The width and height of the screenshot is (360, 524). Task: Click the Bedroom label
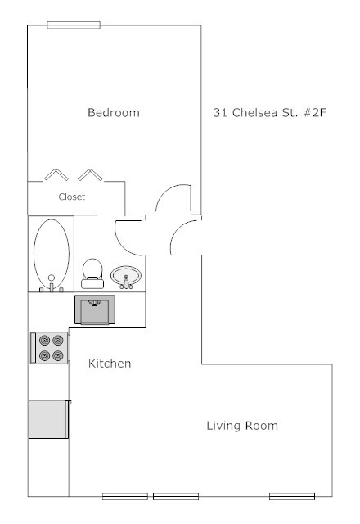[x=113, y=113]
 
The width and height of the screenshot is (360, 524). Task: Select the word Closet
[x=71, y=197]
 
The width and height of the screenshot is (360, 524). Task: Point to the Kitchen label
[x=110, y=363]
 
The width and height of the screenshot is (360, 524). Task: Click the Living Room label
[x=242, y=426]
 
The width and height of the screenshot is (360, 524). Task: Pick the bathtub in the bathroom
[x=51, y=254]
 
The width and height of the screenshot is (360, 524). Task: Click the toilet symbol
[x=92, y=273]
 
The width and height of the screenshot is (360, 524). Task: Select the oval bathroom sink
[x=126, y=275]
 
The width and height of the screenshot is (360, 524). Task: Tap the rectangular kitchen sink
[x=94, y=310]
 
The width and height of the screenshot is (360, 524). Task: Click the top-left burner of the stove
[x=43, y=340]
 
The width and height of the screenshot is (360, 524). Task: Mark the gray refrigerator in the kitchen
[x=47, y=419]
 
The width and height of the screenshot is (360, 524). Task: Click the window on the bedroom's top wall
[x=74, y=25]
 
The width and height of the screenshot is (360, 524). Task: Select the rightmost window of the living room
[x=292, y=496]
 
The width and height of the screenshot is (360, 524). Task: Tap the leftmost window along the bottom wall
[x=124, y=496]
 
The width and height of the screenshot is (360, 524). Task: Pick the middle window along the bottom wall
[x=176, y=496]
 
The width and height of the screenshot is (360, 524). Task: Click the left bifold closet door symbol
[x=57, y=174]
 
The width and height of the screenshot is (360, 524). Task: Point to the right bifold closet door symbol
[x=90, y=174]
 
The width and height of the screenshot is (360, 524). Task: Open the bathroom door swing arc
[x=127, y=237]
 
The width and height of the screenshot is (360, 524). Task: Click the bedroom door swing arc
[x=173, y=199]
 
